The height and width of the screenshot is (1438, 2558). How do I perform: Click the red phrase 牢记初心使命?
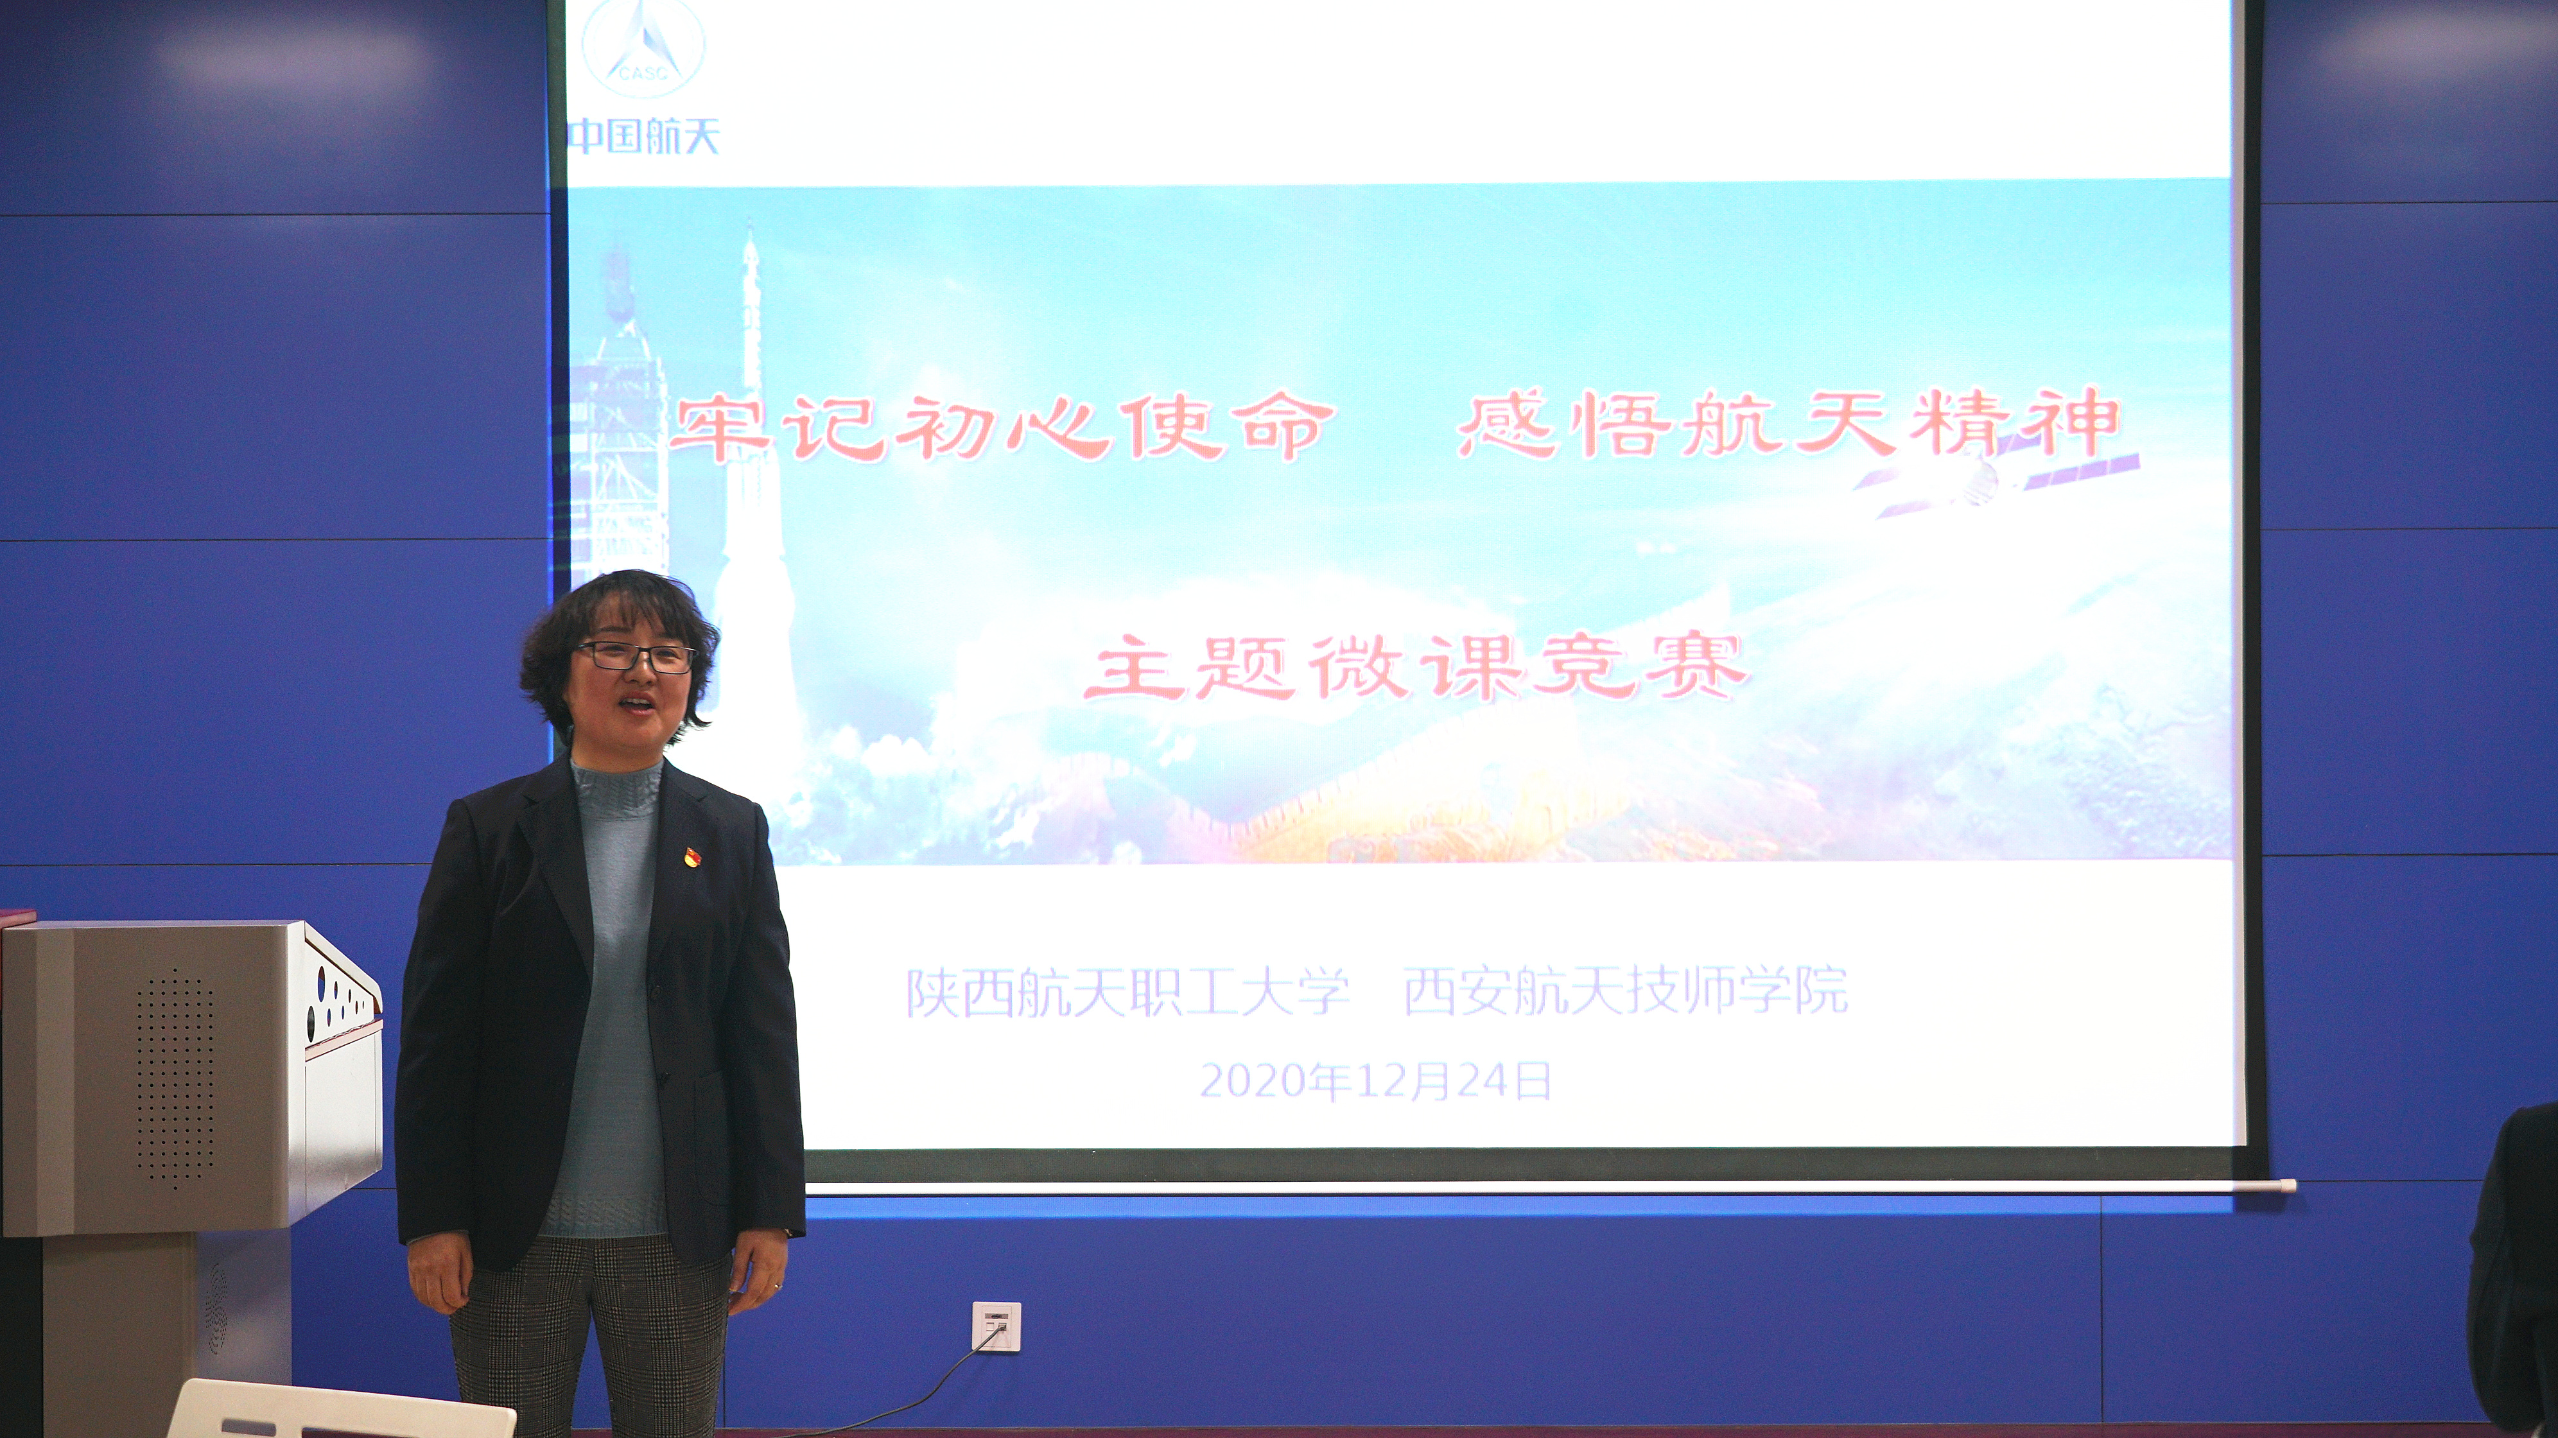(x=1001, y=427)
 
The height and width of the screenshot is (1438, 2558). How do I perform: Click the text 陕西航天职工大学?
(x=1127, y=992)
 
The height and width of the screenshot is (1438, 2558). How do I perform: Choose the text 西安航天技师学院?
(x=1626, y=990)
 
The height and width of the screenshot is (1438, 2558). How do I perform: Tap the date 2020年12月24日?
(x=1375, y=1080)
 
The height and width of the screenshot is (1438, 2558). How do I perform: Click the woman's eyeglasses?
(x=632, y=657)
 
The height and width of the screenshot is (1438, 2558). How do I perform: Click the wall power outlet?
(x=996, y=1327)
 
